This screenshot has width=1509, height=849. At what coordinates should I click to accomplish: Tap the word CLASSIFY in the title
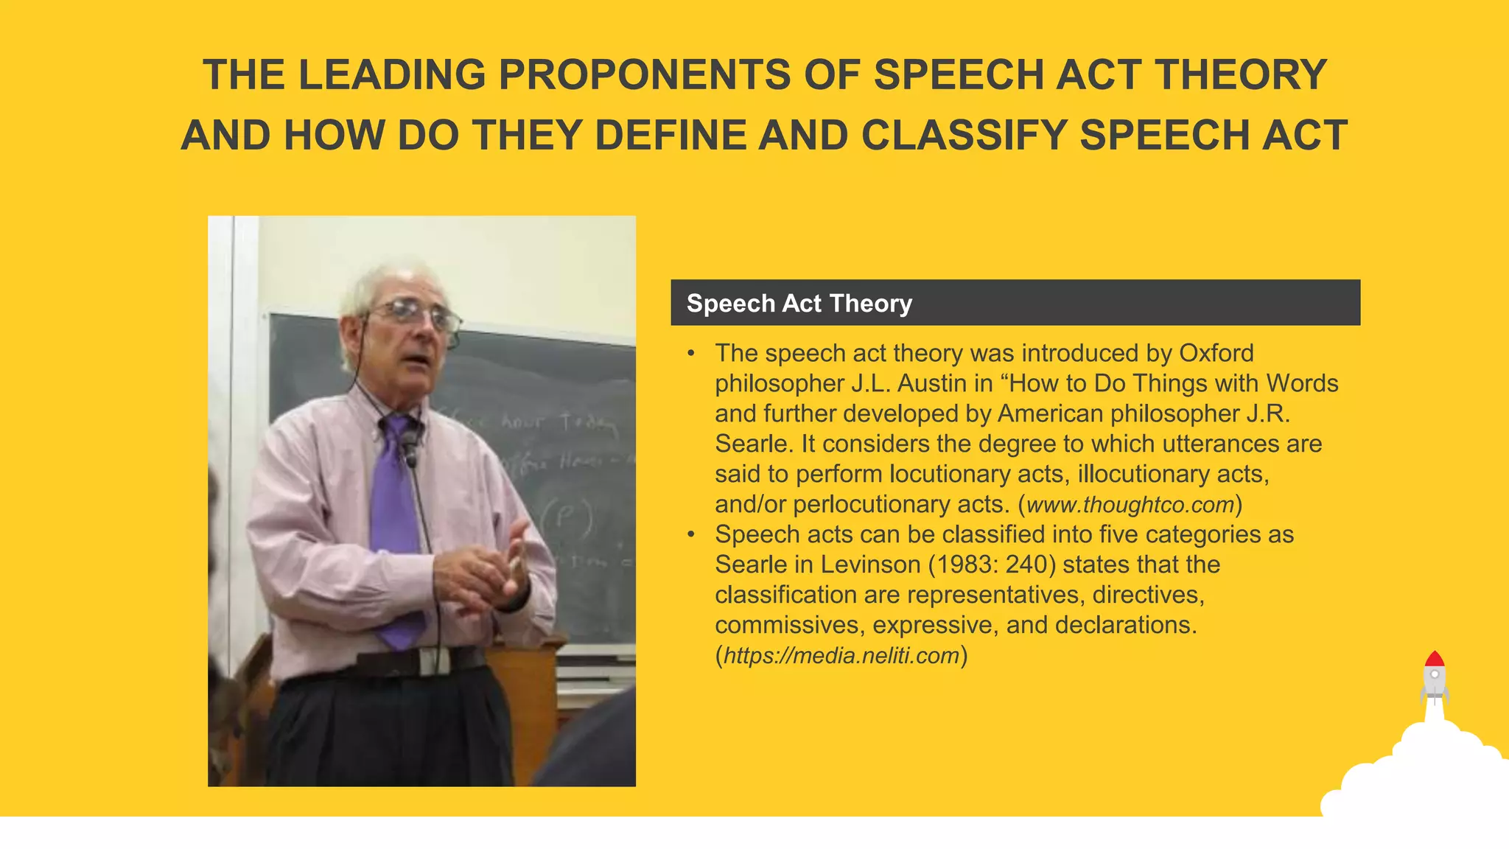point(963,136)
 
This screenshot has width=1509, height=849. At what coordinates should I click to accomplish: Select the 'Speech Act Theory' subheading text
point(799,303)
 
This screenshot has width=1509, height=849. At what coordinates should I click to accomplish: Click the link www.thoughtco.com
point(1130,505)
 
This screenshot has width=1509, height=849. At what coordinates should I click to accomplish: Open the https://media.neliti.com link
point(841,655)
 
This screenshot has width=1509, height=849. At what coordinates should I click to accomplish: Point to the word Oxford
point(1216,353)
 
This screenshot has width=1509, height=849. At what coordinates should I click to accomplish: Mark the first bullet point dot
point(691,354)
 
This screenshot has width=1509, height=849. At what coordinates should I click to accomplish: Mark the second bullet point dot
point(691,535)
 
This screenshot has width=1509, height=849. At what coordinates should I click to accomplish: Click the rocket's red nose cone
point(1434,659)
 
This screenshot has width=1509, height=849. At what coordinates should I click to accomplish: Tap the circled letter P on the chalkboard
point(566,518)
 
